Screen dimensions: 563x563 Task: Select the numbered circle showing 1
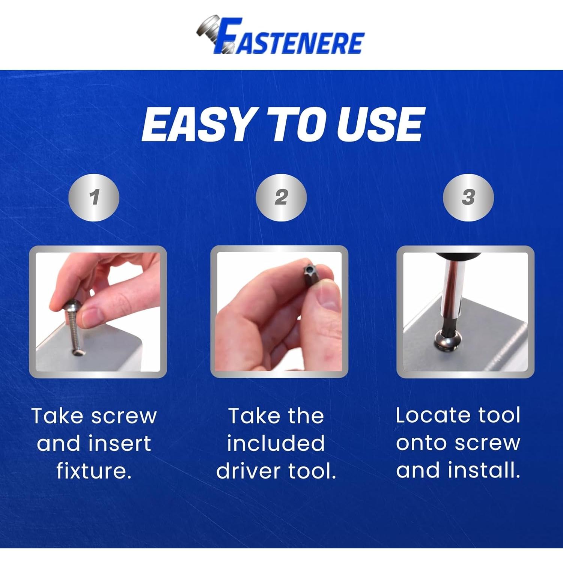coord(94,197)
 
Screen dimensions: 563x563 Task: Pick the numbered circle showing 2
coord(281,197)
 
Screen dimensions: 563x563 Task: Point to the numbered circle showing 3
coord(468,197)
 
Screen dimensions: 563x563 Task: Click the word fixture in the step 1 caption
coord(94,471)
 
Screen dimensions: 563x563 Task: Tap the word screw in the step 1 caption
coord(124,416)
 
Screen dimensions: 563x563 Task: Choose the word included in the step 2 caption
coord(276,443)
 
